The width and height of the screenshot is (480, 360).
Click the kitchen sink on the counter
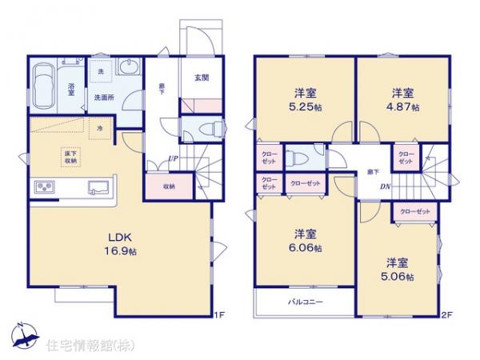[100, 188]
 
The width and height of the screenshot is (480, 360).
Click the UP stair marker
[172, 158]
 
